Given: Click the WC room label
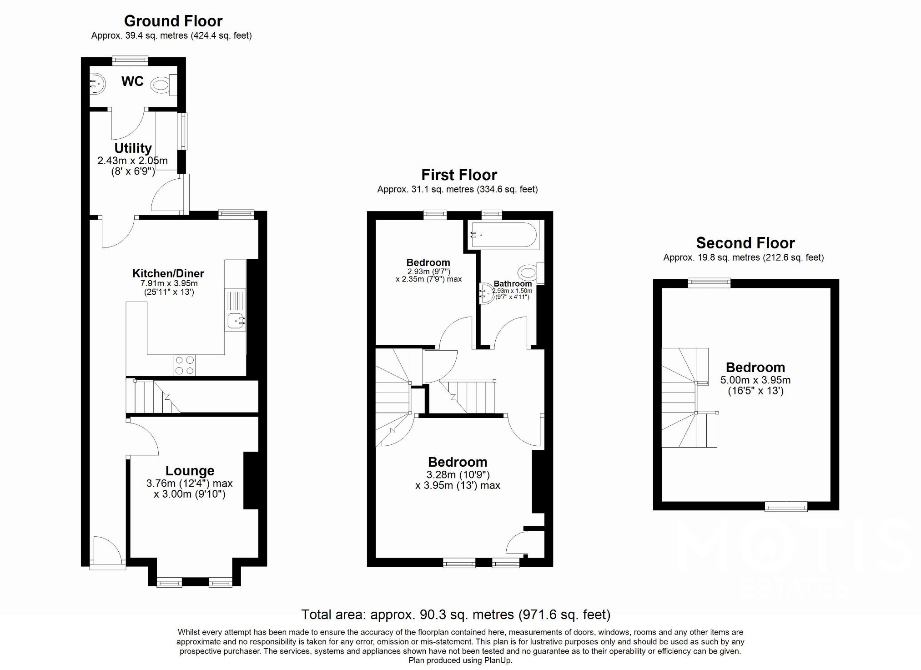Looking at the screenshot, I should [x=132, y=81].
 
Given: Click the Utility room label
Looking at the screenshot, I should [x=133, y=148].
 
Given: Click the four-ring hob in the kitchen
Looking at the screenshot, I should [x=184, y=365].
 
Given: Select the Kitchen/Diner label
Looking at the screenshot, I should [x=168, y=273].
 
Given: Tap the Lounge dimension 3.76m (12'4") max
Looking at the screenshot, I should [x=189, y=483].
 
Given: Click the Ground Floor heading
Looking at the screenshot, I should [x=173, y=21].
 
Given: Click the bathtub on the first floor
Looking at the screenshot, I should [x=504, y=235].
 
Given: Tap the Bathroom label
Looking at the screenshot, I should [x=513, y=283].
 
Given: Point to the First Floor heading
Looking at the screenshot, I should [x=459, y=175].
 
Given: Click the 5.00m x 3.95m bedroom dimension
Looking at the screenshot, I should [x=755, y=380].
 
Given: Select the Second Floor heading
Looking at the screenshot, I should [x=745, y=243].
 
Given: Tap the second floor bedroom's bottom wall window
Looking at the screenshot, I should [x=786, y=506].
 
